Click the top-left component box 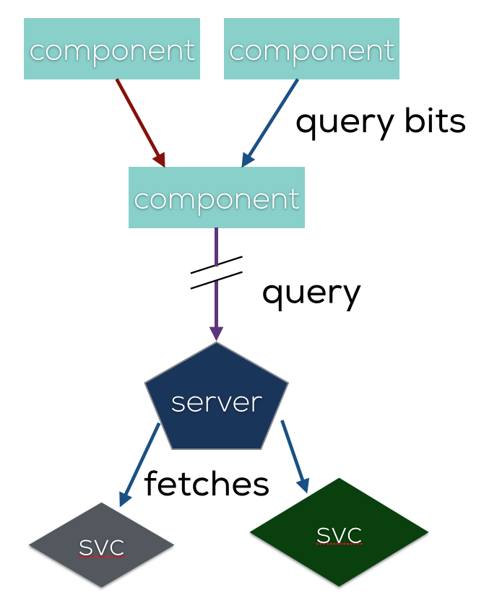(x=112, y=49)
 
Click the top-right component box (x=311, y=49)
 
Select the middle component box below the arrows (x=217, y=197)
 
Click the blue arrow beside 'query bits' (x=270, y=121)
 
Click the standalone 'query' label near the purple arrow (x=311, y=293)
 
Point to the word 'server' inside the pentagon (x=217, y=402)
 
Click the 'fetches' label (x=207, y=483)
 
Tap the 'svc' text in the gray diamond (x=102, y=547)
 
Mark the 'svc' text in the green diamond (x=339, y=534)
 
